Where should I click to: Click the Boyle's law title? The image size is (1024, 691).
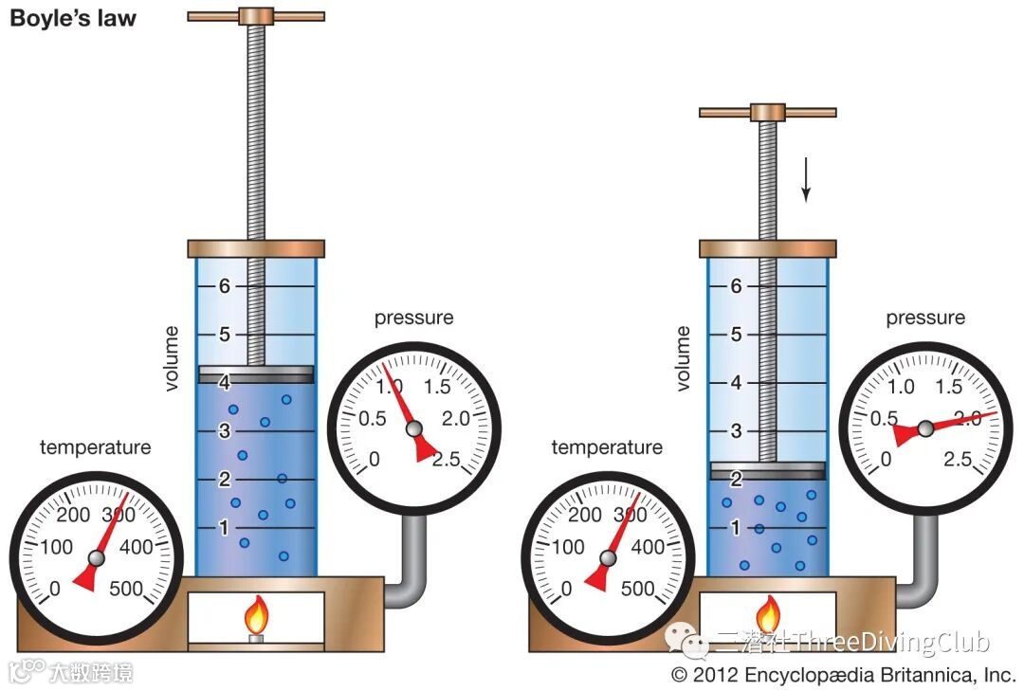pos(73,18)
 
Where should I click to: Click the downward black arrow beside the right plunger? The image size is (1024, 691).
pos(806,179)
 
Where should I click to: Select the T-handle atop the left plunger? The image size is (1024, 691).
pos(255,15)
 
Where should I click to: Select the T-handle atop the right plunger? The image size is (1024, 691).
pos(768,112)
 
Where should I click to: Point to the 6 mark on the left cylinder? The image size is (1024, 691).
pos(226,286)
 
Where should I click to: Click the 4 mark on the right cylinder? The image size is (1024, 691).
pos(736,382)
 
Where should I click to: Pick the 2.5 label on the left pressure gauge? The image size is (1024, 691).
pos(446,460)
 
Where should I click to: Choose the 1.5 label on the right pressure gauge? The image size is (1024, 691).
pos(949,387)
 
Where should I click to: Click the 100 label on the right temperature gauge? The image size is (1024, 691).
pos(568,547)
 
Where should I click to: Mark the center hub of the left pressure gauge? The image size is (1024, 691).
pos(413,429)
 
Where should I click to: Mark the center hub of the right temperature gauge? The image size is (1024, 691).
pos(608,559)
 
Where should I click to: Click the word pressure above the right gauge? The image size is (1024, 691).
pos(925,318)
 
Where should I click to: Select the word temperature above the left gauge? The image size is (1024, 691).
pos(95,447)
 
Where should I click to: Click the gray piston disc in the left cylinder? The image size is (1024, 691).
pos(255,374)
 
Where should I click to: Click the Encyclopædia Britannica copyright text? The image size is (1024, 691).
pos(844,675)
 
